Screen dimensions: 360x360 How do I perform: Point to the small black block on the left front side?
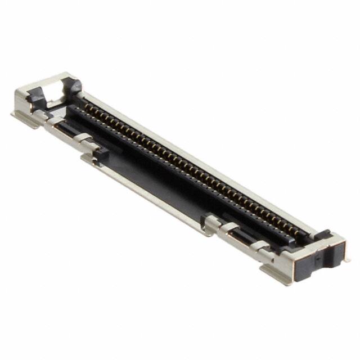pyautogui.click(x=100, y=152)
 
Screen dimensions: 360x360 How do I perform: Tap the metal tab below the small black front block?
pyautogui.click(x=88, y=160)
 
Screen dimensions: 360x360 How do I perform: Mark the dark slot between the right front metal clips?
pyautogui.click(x=242, y=236)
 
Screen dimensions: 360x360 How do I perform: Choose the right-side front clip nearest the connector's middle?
pyautogui.click(x=211, y=223)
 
